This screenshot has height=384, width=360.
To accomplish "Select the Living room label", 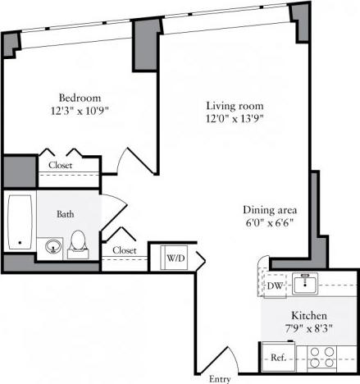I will (227, 105).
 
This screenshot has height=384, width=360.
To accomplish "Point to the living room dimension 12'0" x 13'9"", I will (227, 118).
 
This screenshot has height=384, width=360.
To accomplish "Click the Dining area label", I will (270, 208).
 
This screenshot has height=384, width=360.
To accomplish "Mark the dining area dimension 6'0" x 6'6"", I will (270, 222).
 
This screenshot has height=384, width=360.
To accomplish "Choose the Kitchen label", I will (310, 315).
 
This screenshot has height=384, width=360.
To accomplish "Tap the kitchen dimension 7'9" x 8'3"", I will (310, 328).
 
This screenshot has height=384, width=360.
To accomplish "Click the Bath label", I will (66, 214).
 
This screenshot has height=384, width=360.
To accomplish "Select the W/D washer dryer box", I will (175, 258).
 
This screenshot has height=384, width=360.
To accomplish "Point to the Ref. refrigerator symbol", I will (276, 357).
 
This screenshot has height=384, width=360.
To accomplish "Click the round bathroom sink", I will (55, 245).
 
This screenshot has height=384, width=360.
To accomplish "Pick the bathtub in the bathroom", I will (19, 221).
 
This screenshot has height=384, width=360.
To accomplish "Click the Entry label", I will (220, 378).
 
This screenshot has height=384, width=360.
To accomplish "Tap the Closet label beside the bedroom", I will (59, 165).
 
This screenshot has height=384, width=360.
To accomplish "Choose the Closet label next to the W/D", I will (124, 250).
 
